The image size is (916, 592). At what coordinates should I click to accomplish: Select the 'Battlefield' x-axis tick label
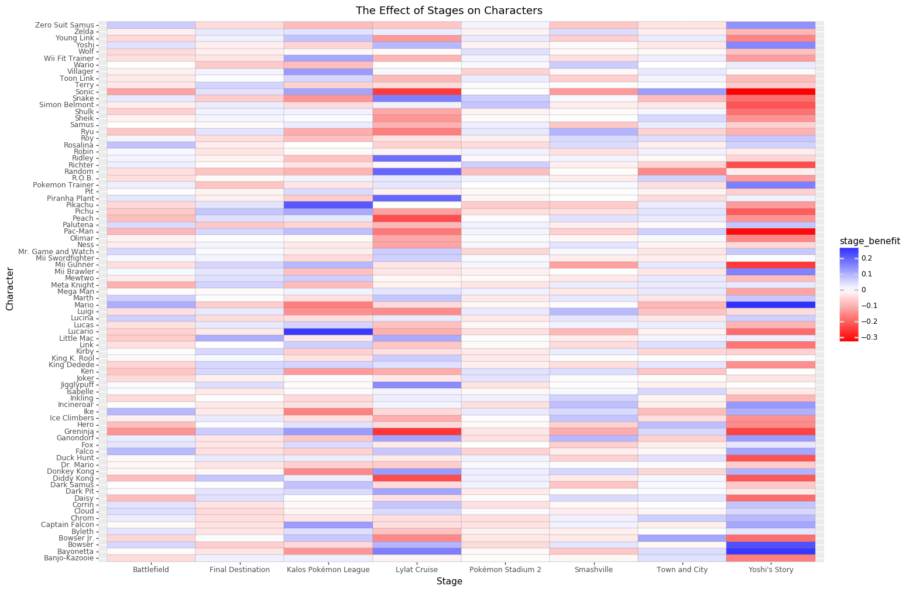click(x=151, y=569)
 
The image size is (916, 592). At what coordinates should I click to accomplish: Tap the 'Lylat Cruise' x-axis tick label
click(x=417, y=569)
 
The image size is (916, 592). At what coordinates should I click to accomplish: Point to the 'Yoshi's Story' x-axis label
click(x=771, y=569)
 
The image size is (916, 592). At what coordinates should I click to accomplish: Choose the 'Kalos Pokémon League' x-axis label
click(x=328, y=569)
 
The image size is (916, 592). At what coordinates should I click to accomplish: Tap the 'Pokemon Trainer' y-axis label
click(x=64, y=185)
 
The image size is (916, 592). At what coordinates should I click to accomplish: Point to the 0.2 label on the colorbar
click(x=867, y=258)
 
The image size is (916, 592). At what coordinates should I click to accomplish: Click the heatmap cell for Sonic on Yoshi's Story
click(x=771, y=92)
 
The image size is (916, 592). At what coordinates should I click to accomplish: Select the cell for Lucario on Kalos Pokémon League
click(x=328, y=331)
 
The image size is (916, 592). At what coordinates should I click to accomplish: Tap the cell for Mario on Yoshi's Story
click(x=771, y=304)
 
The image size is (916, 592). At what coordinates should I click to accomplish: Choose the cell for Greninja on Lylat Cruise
click(x=417, y=432)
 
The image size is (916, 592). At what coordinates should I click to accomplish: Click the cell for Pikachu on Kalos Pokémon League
click(x=328, y=205)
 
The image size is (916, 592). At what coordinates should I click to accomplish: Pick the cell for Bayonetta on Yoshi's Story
click(x=771, y=551)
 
